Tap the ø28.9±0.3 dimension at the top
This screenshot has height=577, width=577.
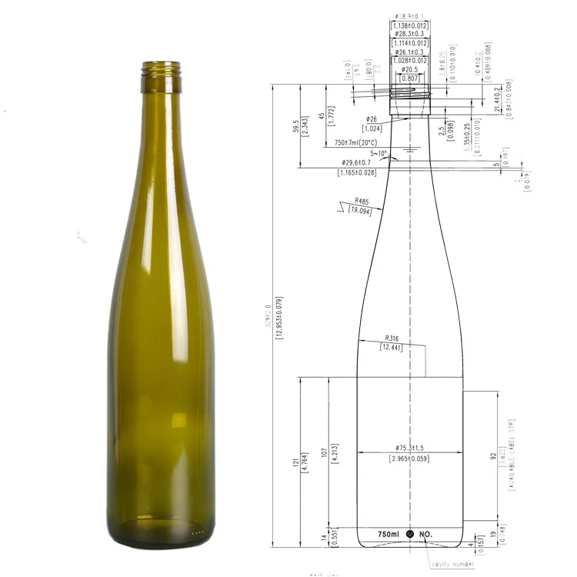409,17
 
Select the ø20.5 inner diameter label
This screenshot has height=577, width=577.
409,69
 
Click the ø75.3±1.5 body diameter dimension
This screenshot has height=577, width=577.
410,448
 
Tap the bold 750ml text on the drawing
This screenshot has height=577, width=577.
388,534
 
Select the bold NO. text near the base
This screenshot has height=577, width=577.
426,534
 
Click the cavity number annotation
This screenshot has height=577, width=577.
452,564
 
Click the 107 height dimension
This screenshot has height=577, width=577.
325,454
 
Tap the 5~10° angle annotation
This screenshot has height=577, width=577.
379,153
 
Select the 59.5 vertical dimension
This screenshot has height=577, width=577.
296,126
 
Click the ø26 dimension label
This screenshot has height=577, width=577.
372,119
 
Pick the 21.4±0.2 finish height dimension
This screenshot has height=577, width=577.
496,99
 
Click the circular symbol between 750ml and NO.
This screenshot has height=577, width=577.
409,534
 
